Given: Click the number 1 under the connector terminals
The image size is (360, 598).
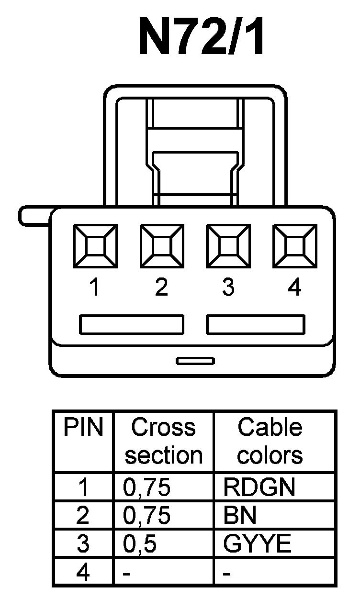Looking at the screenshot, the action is (x=95, y=288).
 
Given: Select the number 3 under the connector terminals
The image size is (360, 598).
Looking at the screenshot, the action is (x=228, y=288).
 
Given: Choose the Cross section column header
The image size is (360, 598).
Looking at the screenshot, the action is (x=164, y=441).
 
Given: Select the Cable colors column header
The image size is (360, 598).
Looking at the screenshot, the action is (x=270, y=441).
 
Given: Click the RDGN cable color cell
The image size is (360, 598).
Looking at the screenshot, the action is (x=259, y=487).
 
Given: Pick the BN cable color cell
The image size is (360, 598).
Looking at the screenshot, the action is (x=240, y=515).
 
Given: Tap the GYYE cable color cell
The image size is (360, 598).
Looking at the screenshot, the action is (x=257, y=544).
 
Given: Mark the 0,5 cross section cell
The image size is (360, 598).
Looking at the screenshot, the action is (x=140, y=544).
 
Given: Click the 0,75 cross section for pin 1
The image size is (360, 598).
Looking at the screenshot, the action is (x=146, y=487).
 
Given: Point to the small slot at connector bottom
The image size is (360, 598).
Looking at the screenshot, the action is (x=195, y=361).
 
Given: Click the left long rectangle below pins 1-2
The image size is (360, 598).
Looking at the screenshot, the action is (x=131, y=324).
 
